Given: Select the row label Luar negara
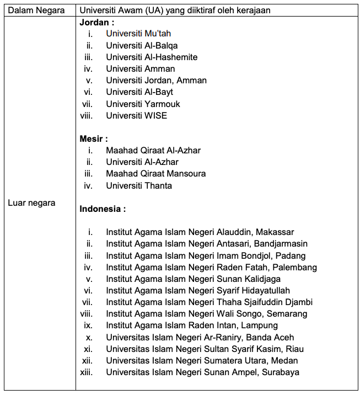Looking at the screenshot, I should tap(31, 203).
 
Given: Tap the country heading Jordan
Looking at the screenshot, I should tap(96, 23).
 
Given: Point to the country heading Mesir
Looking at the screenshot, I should tap(93, 138).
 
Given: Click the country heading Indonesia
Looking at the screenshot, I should tap(101, 209).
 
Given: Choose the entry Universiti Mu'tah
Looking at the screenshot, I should tap(138, 34).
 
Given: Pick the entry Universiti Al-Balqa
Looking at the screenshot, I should tap(142, 45).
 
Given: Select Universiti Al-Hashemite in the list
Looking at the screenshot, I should tap(152, 57).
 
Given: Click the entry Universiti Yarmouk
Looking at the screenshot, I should tap(143, 104).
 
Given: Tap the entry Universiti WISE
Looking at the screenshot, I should tap(136, 115).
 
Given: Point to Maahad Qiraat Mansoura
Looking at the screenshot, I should tap(156, 174).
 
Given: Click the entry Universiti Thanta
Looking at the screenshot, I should tap(139, 185).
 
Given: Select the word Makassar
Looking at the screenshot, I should tap(275, 232).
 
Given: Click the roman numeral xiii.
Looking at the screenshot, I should tap(86, 372).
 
